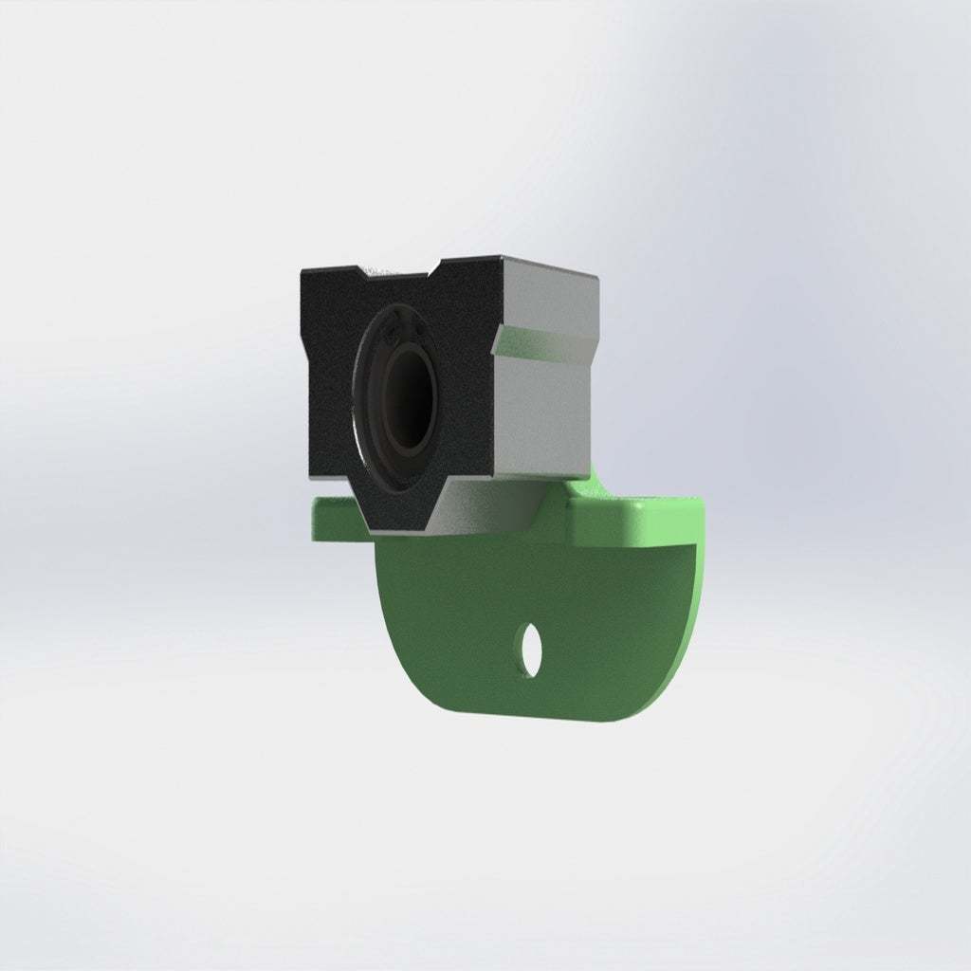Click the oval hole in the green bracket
[x=531, y=650]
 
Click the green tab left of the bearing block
[x=334, y=517]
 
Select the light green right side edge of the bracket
[x=699, y=588]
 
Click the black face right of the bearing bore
[x=465, y=398]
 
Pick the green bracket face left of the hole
[x=446, y=626]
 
